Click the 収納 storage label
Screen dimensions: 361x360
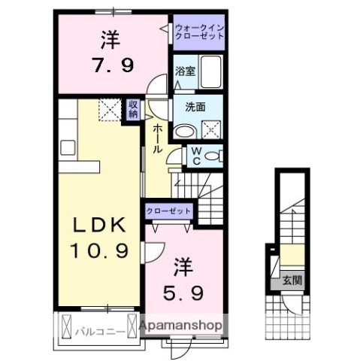coord(132,109)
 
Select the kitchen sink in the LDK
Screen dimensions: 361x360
coord(65,144)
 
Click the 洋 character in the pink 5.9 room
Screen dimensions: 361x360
coord(185,267)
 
